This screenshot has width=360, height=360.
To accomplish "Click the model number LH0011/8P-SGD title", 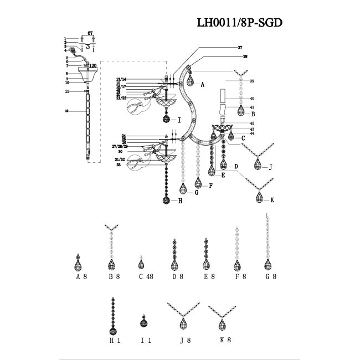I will click(x=243, y=23).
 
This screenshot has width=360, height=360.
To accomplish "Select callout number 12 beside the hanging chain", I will click(x=66, y=111).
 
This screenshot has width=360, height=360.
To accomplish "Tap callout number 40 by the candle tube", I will click(x=251, y=99).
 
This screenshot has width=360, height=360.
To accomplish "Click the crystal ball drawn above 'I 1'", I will click(x=143, y=323).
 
